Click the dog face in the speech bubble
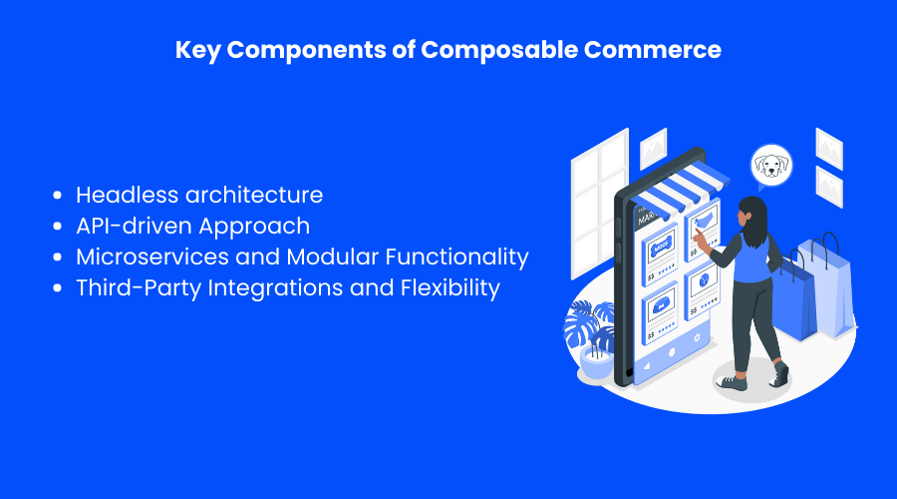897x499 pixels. (x=770, y=163)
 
